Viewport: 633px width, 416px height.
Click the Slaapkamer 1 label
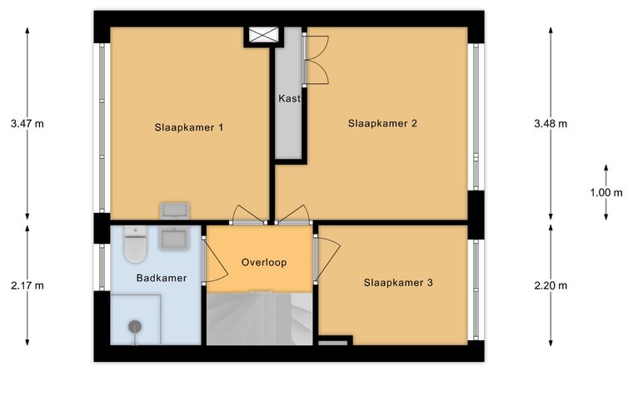click(x=188, y=128)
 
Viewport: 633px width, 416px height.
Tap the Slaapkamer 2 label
click(x=382, y=123)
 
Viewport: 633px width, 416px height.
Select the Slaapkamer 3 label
click(x=398, y=283)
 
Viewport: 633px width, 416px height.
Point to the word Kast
click(x=289, y=98)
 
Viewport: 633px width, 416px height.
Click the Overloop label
click(x=264, y=262)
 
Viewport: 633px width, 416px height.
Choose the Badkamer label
click(x=162, y=278)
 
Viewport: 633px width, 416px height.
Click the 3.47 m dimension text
click(x=27, y=124)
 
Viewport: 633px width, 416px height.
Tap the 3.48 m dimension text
click(x=551, y=124)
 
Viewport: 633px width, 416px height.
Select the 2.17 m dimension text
click(x=27, y=286)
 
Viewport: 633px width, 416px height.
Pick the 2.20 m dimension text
click(x=551, y=286)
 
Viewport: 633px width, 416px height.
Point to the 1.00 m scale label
click(x=606, y=193)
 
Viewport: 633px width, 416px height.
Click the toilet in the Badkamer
click(x=135, y=244)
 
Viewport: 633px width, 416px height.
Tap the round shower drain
click(x=135, y=326)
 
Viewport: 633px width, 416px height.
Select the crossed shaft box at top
click(x=264, y=35)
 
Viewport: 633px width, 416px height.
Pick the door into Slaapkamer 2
click(x=293, y=214)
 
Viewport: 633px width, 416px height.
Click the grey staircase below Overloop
click(x=260, y=319)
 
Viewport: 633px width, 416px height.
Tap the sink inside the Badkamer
click(x=174, y=239)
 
